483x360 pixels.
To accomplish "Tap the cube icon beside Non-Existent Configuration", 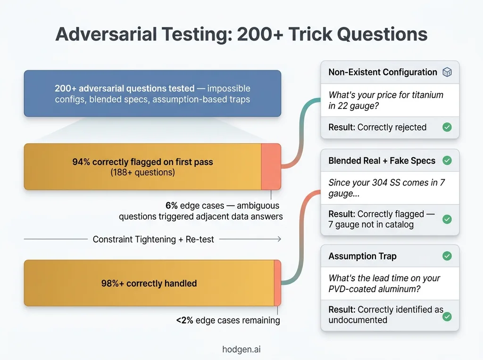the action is [x=447, y=72].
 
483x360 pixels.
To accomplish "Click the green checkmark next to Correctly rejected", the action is [x=447, y=127].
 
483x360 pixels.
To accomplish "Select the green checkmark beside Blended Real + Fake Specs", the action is [x=447, y=160].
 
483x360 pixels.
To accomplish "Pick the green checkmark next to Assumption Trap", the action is [x=447, y=256].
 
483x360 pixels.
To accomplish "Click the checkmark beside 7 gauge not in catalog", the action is [x=447, y=219].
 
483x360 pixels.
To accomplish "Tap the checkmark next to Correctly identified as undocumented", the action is [x=447, y=316].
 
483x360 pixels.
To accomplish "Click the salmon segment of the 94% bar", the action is [x=271, y=166].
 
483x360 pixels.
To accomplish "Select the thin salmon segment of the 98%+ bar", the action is [x=277, y=283].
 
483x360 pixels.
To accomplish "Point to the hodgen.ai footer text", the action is [x=241, y=349].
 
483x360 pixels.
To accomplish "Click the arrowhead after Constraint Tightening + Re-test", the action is [x=279, y=239].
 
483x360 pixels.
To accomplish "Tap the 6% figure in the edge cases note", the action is [x=171, y=205].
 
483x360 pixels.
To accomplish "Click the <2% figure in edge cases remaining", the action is [x=184, y=320].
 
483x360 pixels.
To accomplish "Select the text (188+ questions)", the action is [x=142, y=172].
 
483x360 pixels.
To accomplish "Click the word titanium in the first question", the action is [x=423, y=95].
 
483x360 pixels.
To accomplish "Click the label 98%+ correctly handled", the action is [x=149, y=283].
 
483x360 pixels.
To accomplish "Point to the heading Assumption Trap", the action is [x=362, y=256].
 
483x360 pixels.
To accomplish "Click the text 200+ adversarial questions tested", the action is [x=125, y=88].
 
